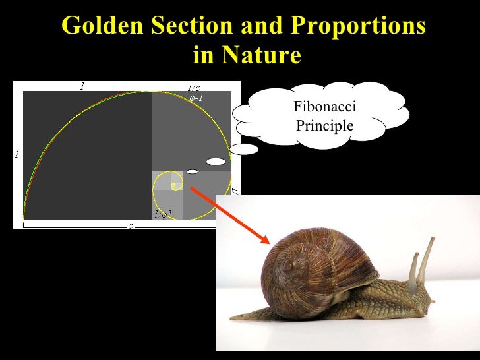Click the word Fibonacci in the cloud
(x=324, y=107)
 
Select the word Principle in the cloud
(x=324, y=125)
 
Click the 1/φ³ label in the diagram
(x=162, y=214)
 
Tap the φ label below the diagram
(x=131, y=225)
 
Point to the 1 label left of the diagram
(x=17, y=155)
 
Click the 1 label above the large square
(x=82, y=86)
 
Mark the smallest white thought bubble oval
(x=192, y=171)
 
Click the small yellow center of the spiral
(x=173, y=185)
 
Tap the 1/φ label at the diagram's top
(x=194, y=87)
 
